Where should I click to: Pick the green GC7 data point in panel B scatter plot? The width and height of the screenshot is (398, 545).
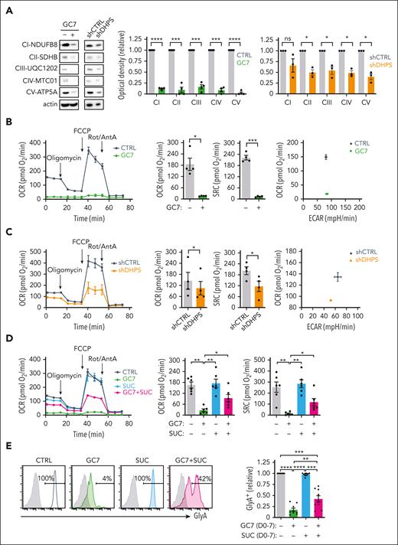click(x=326, y=194)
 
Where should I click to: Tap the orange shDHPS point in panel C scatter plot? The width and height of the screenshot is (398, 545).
click(x=331, y=300)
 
